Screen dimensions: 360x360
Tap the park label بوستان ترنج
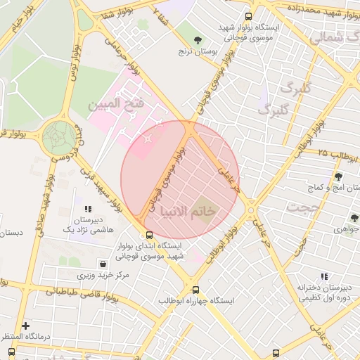point(194,51)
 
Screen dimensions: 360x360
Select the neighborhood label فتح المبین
point(116,105)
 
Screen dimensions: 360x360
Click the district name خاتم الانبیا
point(188,211)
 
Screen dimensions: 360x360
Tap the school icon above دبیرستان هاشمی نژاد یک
point(88,209)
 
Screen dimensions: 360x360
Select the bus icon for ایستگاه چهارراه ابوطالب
point(195,289)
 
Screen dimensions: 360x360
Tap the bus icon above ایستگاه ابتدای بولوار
point(148,235)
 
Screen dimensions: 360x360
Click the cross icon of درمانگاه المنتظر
point(25,326)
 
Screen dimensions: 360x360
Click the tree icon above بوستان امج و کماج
point(338,176)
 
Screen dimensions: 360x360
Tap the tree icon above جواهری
point(353,218)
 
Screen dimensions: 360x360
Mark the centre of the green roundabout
point(58,137)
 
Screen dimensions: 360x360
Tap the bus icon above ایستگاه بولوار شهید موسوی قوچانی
point(247,16)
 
